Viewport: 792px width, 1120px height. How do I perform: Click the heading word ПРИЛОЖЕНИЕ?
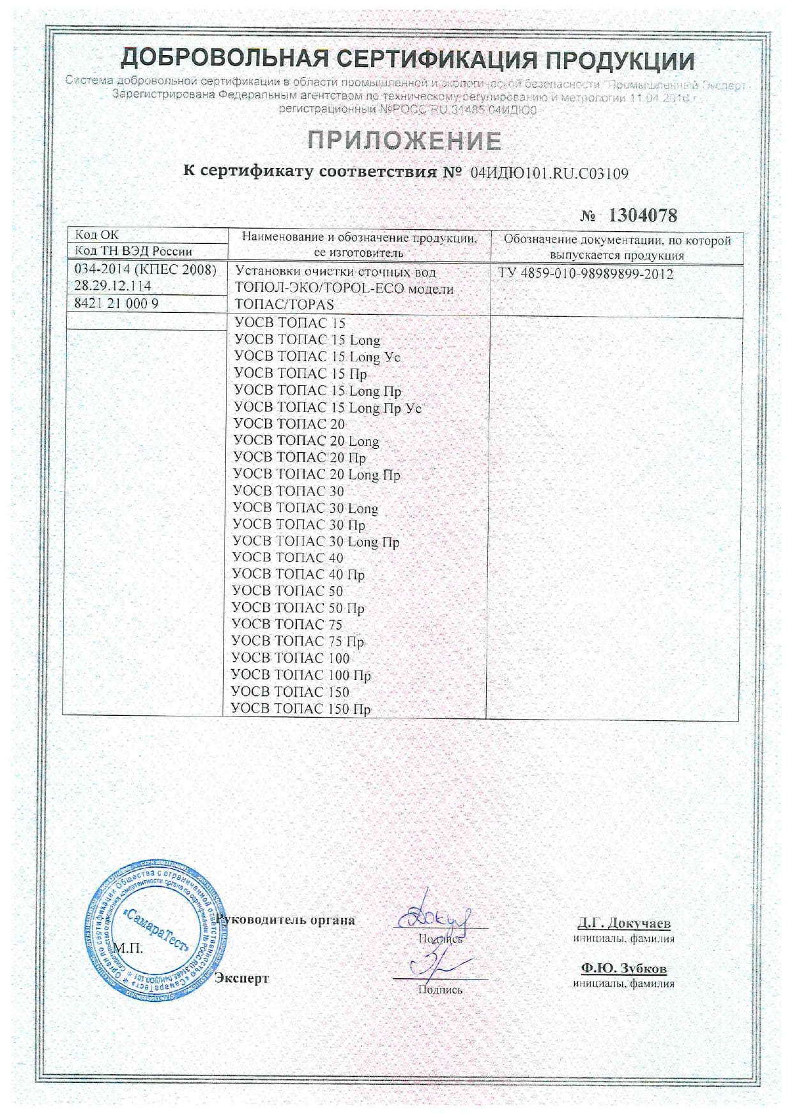pyautogui.click(x=404, y=140)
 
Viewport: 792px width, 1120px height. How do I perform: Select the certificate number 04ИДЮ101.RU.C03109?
pyautogui.click(x=549, y=173)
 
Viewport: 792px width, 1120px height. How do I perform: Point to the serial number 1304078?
pyautogui.click(x=642, y=216)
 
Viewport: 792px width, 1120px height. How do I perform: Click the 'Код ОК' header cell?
pyautogui.click(x=97, y=235)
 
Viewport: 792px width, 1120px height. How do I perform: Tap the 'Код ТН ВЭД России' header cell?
pyautogui.click(x=133, y=251)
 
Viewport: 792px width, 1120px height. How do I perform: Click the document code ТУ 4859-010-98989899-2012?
pyautogui.click(x=586, y=274)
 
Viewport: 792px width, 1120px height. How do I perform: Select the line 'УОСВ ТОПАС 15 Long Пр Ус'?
pyautogui.click(x=328, y=407)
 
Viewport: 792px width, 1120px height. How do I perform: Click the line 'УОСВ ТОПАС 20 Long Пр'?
pyautogui.click(x=317, y=474)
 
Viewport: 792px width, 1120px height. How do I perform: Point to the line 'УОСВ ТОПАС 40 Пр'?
pyautogui.click(x=298, y=575)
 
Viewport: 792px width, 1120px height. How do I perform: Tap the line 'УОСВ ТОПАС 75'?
pyautogui.click(x=287, y=624)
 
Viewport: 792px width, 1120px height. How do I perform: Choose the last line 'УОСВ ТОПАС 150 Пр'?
pyautogui.click(x=300, y=709)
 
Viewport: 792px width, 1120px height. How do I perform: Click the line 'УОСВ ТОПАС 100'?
pyautogui.click(x=290, y=658)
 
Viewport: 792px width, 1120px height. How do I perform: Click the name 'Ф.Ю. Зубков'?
pyautogui.click(x=623, y=969)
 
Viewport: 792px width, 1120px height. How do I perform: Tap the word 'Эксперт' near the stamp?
pyautogui.click(x=242, y=978)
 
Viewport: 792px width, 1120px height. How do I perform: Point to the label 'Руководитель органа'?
pyautogui.click(x=286, y=920)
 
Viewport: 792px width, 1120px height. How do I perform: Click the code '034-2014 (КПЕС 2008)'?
pyautogui.click(x=146, y=269)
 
